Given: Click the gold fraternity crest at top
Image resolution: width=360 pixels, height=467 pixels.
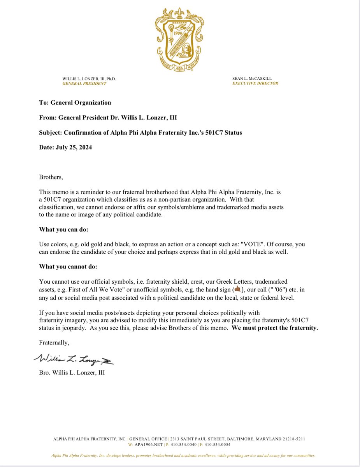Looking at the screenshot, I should [180, 39].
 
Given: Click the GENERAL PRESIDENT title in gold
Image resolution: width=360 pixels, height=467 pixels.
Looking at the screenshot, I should [84, 84].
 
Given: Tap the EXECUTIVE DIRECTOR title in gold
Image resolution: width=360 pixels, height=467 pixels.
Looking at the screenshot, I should [255, 83].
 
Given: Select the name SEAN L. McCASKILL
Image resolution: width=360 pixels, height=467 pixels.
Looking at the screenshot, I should [252, 79].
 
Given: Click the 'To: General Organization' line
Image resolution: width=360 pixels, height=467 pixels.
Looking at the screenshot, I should [75, 103].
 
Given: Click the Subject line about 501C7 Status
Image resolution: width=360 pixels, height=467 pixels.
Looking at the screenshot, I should [140, 133].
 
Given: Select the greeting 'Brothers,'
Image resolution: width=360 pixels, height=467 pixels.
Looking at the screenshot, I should [51, 177].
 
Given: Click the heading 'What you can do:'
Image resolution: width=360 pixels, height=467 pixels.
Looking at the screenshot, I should [66, 230].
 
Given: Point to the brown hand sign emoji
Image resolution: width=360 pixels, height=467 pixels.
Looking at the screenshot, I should [237, 289].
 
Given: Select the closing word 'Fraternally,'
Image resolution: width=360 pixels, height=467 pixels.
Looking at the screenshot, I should [54, 342].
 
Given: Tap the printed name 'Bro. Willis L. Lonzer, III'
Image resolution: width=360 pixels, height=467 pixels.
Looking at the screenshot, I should [72, 372].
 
